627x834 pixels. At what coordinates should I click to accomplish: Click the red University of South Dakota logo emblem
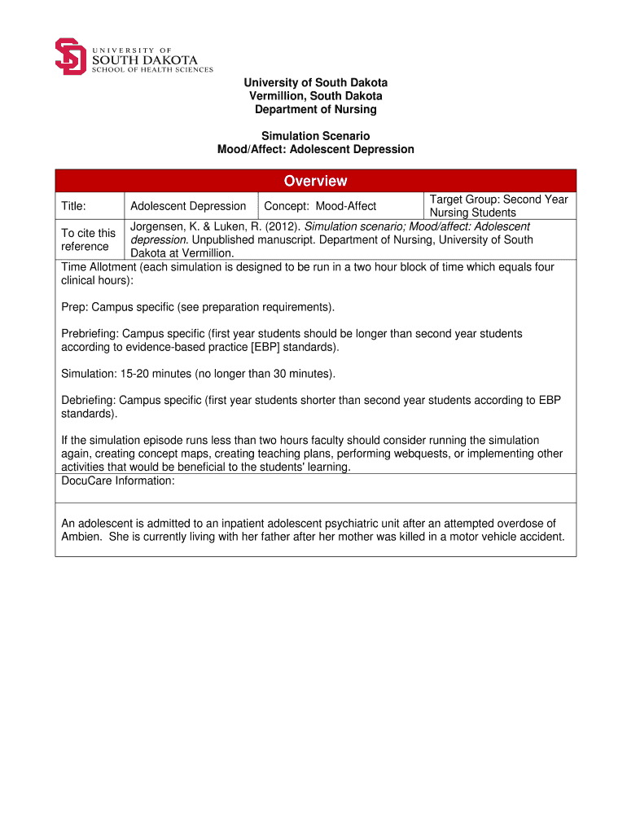[x=70, y=56]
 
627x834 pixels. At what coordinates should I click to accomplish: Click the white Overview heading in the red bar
[x=315, y=181]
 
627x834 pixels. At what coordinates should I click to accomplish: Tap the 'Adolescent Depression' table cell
[x=188, y=206]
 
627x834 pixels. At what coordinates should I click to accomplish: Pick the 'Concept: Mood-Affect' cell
[x=320, y=206]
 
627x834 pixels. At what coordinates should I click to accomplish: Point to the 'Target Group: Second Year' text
[x=498, y=200]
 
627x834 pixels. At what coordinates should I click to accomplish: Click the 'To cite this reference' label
[x=89, y=239]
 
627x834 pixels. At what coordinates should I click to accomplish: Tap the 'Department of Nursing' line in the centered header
[x=315, y=109]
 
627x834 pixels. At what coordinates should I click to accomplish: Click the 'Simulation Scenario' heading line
[x=315, y=136]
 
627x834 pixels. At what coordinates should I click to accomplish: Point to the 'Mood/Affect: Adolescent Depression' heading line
[x=315, y=149]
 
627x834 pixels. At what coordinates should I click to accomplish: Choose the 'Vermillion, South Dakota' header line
[x=315, y=96]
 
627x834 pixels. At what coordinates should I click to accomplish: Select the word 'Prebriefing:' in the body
[x=90, y=334]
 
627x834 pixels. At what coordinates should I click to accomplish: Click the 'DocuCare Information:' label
[x=118, y=481]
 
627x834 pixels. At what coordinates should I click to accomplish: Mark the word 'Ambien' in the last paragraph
[x=81, y=537]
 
